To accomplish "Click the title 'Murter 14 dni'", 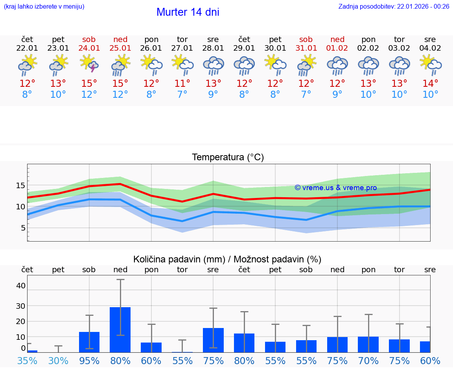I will click(188, 12).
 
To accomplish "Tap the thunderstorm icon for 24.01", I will click(89, 64).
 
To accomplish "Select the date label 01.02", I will click(337, 48).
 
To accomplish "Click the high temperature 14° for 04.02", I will click(430, 84).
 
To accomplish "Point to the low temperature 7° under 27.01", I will click(182, 95).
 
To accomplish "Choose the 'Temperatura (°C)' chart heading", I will click(228, 158).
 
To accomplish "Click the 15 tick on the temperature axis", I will click(20, 185).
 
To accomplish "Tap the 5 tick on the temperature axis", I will click(23, 228).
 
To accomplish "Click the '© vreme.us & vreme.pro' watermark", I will click(335, 188).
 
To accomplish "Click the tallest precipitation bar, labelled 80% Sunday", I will click(120, 330).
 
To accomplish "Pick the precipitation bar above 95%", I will click(89, 342).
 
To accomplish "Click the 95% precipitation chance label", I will click(89, 361).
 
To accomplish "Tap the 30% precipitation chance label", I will click(58, 361).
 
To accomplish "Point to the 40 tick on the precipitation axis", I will click(20, 286).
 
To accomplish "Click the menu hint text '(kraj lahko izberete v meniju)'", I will click(44, 7).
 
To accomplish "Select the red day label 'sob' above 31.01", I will click(306, 40).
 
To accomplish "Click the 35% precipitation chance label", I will click(27, 361).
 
